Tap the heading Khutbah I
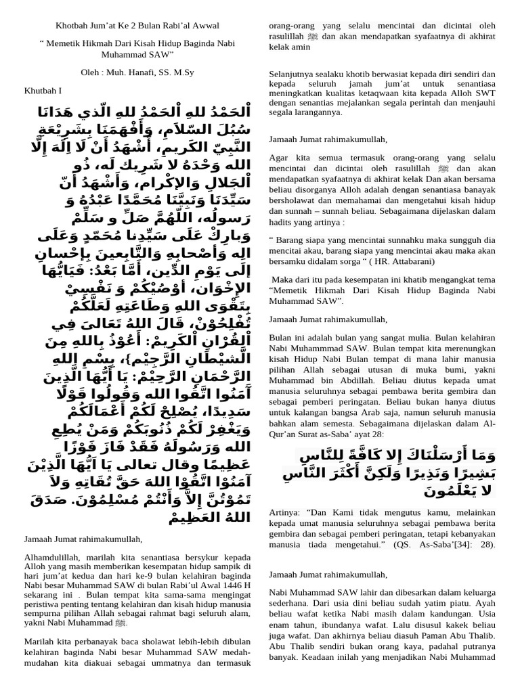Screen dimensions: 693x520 (43, 90)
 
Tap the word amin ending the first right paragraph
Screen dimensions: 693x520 (300, 47)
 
